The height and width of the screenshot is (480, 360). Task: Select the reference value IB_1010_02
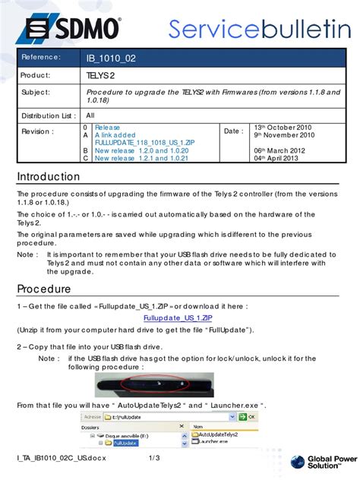pos(110,58)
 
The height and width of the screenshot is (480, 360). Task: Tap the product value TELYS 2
pos(100,76)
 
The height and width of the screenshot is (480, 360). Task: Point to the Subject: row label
pos(36,93)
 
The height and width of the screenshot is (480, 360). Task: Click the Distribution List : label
pos(48,115)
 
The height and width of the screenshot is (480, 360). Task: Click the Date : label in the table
pos(234,131)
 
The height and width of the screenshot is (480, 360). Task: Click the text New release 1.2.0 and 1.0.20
pos(141,151)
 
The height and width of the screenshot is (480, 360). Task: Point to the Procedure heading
pos(44,289)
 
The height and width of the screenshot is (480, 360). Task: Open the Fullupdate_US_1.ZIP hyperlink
pos(179,319)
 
